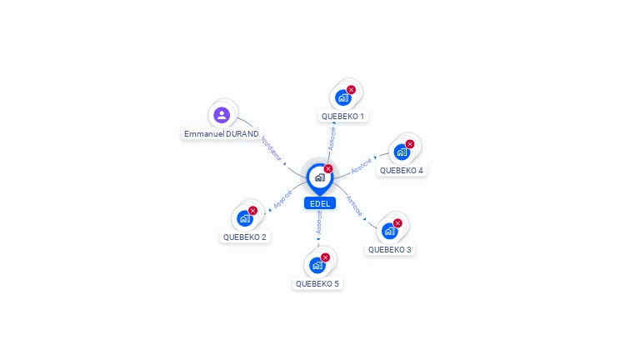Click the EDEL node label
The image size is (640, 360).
tap(320, 203)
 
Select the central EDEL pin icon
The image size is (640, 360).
tap(319, 177)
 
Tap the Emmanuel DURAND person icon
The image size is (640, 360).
tap(221, 115)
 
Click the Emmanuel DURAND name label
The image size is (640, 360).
tap(222, 133)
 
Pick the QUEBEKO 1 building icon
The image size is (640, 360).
tap(342, 97)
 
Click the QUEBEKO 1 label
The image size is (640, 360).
tap(342, 117)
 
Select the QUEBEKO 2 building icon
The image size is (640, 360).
tap(244, 218)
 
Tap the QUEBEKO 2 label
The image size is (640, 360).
tap(245, 237)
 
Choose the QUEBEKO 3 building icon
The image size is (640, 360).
tap(389, 231)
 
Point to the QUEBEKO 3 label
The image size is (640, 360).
tap(390, 249)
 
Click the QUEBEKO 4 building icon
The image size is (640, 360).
tap(402, 152)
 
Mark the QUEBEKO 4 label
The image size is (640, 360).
tap(402, 171)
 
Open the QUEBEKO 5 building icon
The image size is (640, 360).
tap(317, 265)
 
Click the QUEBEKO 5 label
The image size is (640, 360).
tap(317, 283)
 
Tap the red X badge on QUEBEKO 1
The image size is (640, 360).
tap(351, 89)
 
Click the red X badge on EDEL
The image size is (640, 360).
tap(328, 168)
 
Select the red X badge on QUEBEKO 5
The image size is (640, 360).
tap(325, 257)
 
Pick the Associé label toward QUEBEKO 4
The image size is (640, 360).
tap(361, 165)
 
